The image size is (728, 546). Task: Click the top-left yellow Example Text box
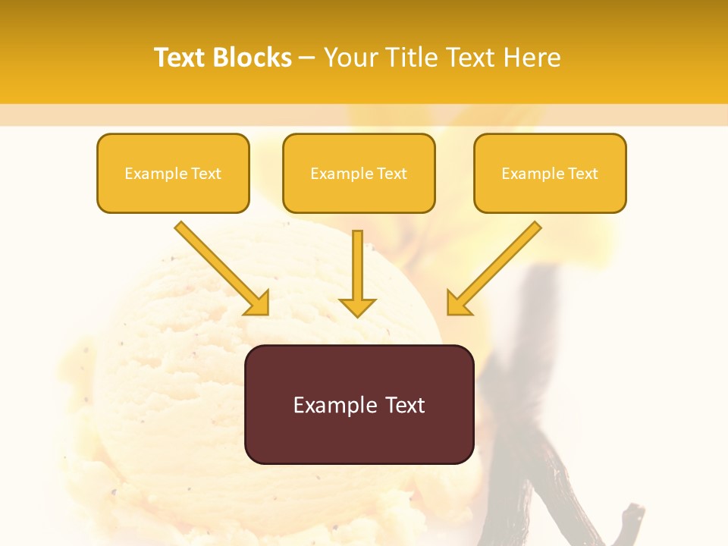click(173, 174)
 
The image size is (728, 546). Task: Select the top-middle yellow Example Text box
click(359, 174)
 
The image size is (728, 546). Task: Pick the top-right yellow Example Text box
click(550, 174)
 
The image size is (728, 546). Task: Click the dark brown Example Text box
click(359, 404)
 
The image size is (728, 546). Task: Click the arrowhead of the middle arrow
click(357, 307)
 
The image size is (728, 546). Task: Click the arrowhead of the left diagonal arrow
click(259, 304)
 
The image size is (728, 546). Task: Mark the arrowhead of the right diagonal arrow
click(457, 304)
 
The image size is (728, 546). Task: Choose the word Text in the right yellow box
click(582, 174)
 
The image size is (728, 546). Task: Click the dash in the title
click(307, 58)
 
